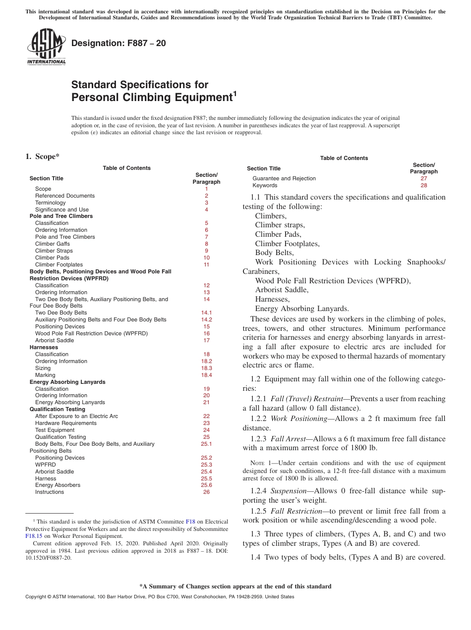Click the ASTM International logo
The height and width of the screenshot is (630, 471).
pyautogui.click(x=46, y=47)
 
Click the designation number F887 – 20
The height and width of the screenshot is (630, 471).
pyautogui.click(x=118, y=43)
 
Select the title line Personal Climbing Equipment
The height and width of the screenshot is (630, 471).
pyautogui.click(x=151, y=98)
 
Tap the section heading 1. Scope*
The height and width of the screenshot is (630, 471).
pyautogui.click(x=42, y=157)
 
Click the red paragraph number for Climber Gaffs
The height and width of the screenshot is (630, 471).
pyautogui.click(x=206, y=244)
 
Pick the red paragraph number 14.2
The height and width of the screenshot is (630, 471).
pyautogui.click(x=206, y=319)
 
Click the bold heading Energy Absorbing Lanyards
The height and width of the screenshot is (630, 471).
pyautogui.click(x=67, y=382)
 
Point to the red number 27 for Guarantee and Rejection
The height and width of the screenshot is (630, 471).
pyautogui.click(x=423, y=178)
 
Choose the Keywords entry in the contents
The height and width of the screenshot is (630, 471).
pyautogui.click(x=265, y=185)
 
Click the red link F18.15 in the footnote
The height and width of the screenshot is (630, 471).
pyautogui.click(x=33, y=536)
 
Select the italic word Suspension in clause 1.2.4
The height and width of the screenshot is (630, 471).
pyautogui.click(x=290, y=491)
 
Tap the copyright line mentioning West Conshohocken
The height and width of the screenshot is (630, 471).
pyautogui.click(x=159, y=597)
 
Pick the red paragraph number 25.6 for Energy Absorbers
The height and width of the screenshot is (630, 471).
pyautogui.click(x=206, y=485)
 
